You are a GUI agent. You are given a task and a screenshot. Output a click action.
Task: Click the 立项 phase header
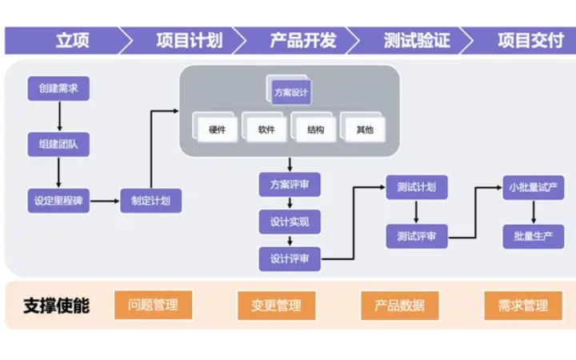pos(72,41)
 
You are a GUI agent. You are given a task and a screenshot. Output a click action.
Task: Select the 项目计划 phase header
pos(189,41)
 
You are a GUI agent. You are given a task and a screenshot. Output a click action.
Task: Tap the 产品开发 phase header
pos(303,41)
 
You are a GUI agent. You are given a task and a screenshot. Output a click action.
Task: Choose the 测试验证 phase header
pos(417,41)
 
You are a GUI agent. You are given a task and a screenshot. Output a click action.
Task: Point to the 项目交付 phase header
pos(530,41)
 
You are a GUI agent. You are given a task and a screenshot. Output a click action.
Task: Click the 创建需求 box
pos(58,89)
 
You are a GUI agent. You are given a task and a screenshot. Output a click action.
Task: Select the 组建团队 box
pos(58,145)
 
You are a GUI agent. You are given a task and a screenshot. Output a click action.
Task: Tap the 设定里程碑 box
pos(58,201)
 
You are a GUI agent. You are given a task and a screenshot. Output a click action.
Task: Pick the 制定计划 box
pos(150,201)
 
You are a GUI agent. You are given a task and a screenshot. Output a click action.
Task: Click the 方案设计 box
pos(290,92)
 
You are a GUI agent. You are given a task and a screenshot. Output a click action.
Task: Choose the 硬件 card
pos(217,130)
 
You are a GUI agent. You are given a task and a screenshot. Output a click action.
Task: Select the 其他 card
pos(365,130)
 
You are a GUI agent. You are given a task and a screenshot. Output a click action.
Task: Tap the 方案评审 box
pos(290,185)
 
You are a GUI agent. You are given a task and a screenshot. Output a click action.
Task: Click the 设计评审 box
pos(290,258)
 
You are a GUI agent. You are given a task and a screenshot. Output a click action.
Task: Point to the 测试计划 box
pos(416,188)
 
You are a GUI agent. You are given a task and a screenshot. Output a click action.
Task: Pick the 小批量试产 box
pos(533,188)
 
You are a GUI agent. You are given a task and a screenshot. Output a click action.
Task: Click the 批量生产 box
pos(533,236)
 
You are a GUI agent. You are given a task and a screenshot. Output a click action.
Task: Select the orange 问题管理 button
pos(154,305)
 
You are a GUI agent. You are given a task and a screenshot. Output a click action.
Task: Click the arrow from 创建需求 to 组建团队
pos(58,117)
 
